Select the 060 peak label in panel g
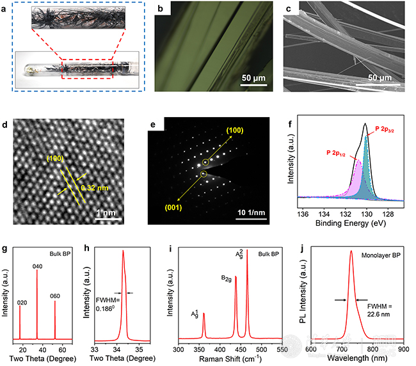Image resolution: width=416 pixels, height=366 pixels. [56, 296]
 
